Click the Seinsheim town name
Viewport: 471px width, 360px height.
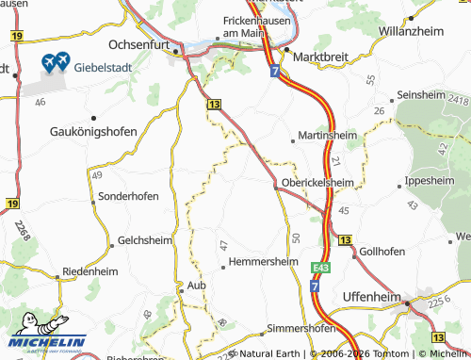[426, 95]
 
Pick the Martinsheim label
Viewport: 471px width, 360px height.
[329, 135]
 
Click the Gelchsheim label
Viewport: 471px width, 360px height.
[143, 240]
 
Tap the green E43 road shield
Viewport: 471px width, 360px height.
[319, 268]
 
